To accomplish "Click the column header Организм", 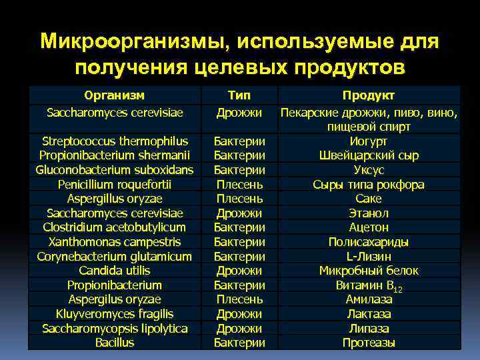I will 115,95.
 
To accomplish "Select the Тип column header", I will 239,95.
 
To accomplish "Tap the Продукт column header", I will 369,96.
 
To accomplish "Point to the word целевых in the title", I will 238,67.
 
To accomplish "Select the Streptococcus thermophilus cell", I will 115,141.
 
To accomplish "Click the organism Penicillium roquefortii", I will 115,185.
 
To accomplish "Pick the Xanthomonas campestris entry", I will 115,242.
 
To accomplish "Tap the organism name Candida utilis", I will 115,271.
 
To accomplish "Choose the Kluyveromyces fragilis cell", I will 115,314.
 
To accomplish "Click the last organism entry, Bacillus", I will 115,343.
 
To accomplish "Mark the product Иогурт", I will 369,141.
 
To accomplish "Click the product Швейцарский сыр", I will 369,156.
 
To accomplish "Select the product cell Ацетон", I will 369,227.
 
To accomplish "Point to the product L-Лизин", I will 369,257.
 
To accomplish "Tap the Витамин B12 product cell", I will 369,285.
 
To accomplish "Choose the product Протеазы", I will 369,343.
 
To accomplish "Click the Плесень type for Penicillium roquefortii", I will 239,185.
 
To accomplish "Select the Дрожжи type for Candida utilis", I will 239,271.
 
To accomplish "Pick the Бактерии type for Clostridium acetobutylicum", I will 239,227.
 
